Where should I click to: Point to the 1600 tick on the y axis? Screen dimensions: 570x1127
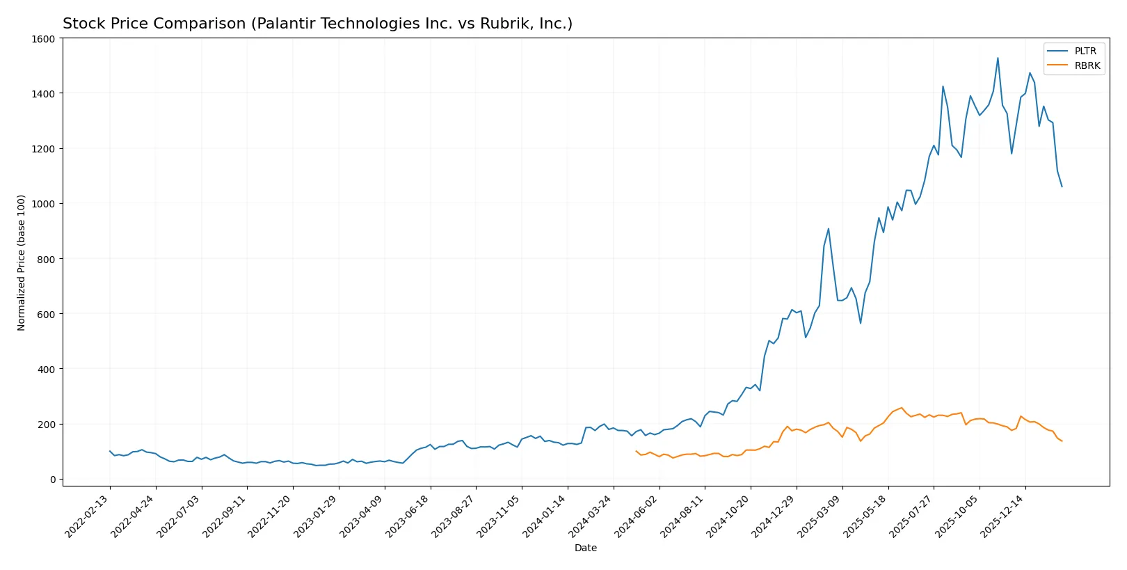[43, 39]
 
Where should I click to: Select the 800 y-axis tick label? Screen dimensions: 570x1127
[46, 259]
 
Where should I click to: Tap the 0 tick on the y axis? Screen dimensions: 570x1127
[52, 480]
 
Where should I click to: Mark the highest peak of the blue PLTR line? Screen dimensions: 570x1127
[998, 58]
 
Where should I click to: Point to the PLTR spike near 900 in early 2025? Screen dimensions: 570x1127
[828, 229]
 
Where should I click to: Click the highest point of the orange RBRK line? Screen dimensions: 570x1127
[902, 408]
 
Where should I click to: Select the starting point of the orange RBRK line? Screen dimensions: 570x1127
[636, 451]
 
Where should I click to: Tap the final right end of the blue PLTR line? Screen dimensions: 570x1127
[1062, 187]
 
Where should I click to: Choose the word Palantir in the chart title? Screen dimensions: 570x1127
[285, 24]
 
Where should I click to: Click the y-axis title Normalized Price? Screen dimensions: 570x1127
[22, 262]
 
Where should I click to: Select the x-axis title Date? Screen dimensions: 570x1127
[585, 548]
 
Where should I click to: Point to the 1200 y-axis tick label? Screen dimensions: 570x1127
[43, 149]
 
